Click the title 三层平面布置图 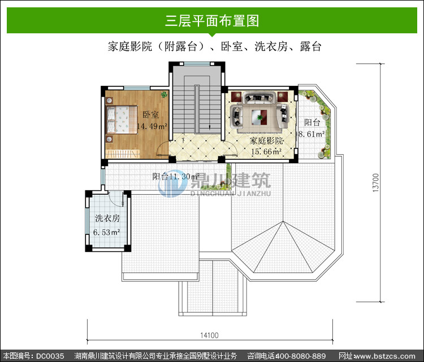pyautogui.click(x=212, y=20)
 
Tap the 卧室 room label pyautogui.click(x=150, y=115)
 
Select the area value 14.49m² pyautogui.click(x=152, y=126)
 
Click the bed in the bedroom pyautogui.click(x=122, y=120)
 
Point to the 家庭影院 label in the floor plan pyautogui.click(x=266, y=141)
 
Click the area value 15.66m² pyautogui.click(x=266, y=151)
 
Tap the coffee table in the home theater pyautogui.click(x=259, y=117)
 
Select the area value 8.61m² pyautogui.click(x=311, y=134)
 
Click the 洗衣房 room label pyautogui.click(x=107, y=219)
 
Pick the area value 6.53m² pyautogui.click(x=106, y=232)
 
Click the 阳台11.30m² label pyautogui.click(x=176, y=176)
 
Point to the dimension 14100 pyautogui.click(x=209, y=335)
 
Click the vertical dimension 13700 pyautogui.click(x=376, y=182)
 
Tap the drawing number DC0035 pyautogui.click(x=50, y=356)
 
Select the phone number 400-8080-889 pyautogui.click(x=300, y=356)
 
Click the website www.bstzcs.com pyautogui.click(x=384, y=356)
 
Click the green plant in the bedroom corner pyautogui.click(x=164, y=94)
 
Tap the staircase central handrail pyautogui.click(x=197, y=109)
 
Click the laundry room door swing pyautogui.click(x=116, y=199)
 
